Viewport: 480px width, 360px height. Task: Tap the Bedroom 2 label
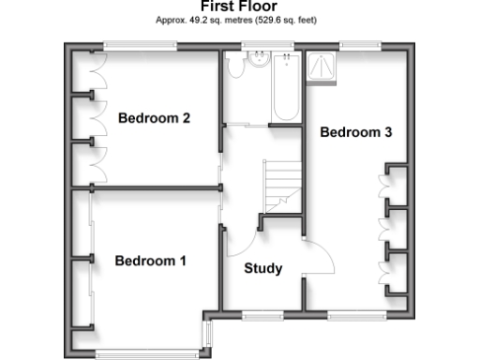(x=155, y=119)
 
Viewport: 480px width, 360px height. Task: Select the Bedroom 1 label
(x=150, y=261)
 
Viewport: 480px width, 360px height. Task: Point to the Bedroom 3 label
(x=356, y=133)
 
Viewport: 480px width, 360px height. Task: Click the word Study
(x=263, y=269)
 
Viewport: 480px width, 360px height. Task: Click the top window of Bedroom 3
(x=359, y=44)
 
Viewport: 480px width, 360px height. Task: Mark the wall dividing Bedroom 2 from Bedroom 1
(x=150, y=187)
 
